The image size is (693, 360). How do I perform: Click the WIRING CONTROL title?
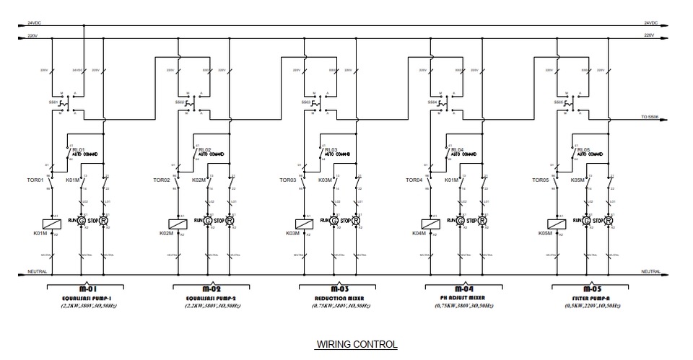click(357, 344)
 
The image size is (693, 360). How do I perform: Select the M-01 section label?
click(86, 289)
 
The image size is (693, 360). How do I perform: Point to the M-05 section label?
click(591, 289)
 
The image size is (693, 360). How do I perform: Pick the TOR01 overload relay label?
click(35, 180)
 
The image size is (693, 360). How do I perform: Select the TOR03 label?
click(288, 180)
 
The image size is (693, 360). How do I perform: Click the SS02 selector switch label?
click(179, 102)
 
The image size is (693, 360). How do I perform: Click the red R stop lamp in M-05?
click(608, 220)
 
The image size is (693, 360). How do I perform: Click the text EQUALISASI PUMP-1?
click(86, 297)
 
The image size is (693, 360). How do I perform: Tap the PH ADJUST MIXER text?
click(464, 297)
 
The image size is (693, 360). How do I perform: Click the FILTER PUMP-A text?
click(591, 297)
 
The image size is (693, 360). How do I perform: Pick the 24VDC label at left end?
click(34, 23)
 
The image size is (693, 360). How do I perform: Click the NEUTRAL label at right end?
click(650, 271)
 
